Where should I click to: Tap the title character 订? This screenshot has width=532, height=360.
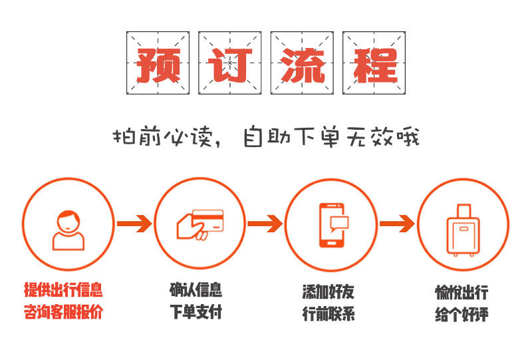coord(229,63)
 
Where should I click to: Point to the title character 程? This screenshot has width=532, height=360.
coord(374,63)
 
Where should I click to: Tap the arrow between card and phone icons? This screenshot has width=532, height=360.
coord(265,224)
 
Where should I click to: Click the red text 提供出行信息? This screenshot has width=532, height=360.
coord(64,290)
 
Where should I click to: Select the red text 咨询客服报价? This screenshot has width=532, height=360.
coord(64,311)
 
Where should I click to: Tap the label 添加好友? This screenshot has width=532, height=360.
coord(328,291)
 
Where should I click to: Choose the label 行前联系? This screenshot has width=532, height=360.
coord(328,313)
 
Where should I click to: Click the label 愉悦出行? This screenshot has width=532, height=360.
coord(462,292)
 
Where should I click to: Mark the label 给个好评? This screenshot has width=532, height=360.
coord(462,313)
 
